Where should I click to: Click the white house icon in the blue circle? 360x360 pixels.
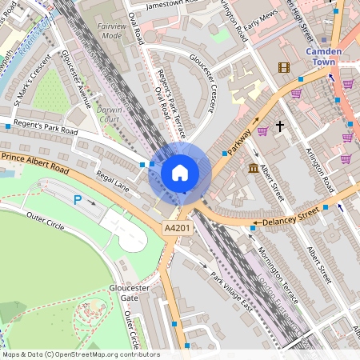pos(180,172)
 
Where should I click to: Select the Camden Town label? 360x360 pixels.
pos(324,56)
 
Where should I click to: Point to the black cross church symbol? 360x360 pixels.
pos(281,126)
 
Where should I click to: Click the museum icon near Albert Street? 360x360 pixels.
pos(254,168)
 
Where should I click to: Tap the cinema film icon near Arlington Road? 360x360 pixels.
pos(283,67)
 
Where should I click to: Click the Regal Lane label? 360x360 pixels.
pos(113,185)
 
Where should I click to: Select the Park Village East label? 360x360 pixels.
pos(231,287)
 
